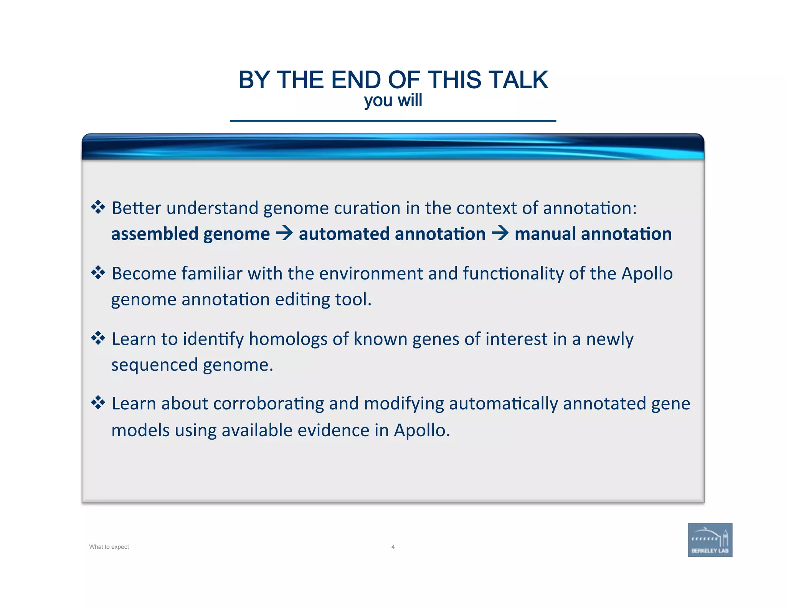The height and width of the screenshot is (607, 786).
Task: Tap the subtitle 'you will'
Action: tap(393, 101)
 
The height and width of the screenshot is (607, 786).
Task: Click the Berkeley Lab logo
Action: tap(710, 539)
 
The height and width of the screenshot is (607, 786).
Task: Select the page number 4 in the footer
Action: tap(393, 547)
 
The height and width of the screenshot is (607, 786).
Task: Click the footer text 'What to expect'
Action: tap(109, 547)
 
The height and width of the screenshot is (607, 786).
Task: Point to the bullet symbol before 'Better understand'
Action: tap(98, 207)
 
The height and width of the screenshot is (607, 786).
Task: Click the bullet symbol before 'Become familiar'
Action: tap(98, 273)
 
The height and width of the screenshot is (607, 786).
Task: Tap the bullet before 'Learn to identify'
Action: tap(98, 338)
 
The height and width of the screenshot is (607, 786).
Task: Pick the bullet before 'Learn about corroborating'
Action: tap(98, 403)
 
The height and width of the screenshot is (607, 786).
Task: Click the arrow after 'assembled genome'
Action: tap(284, 233)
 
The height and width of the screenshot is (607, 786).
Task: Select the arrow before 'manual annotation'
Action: tap(500, 233)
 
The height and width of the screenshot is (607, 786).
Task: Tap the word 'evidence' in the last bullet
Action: tap(333, 431)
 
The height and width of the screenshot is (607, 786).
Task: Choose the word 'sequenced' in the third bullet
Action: tap(154, 365)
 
